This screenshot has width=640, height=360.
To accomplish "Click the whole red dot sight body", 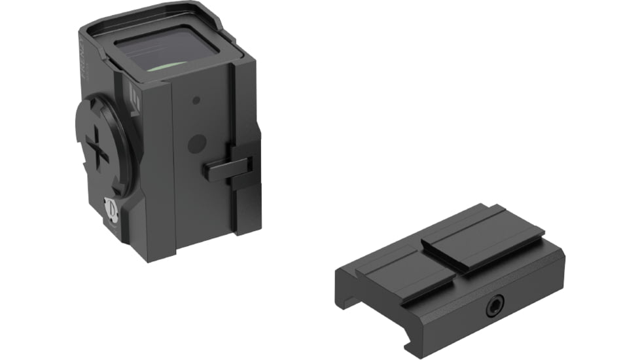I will pos(170,131).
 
